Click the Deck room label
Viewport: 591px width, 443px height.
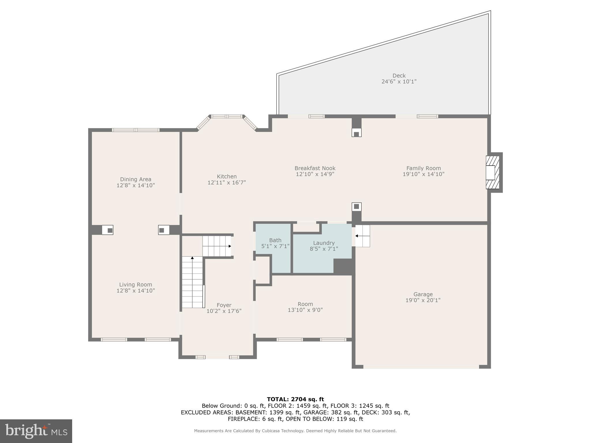[399, 76]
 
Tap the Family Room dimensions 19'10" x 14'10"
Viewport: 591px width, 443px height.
[423, 174]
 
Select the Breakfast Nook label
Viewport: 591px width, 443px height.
[315, 168]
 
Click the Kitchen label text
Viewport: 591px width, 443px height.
[227, 177]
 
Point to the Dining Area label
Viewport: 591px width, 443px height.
[136, 179]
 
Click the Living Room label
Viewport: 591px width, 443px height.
[136, 285]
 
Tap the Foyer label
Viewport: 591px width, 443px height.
[224, 305]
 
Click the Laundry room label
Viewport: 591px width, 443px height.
[324, 243]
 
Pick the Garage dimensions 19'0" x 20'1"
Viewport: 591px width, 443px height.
[423, 300]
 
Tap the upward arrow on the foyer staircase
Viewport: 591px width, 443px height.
[192, 258]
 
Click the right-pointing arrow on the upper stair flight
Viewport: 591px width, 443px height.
[229, 246]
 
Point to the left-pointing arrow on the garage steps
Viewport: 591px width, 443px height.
[357, 236]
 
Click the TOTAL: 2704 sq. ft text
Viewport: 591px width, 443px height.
[295, 399]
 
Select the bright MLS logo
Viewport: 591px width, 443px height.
[36, 431]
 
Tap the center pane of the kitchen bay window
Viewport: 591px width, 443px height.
[227, 117]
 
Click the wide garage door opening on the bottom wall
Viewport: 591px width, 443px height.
[421, 367]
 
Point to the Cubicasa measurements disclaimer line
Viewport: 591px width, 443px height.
[295, 431]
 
